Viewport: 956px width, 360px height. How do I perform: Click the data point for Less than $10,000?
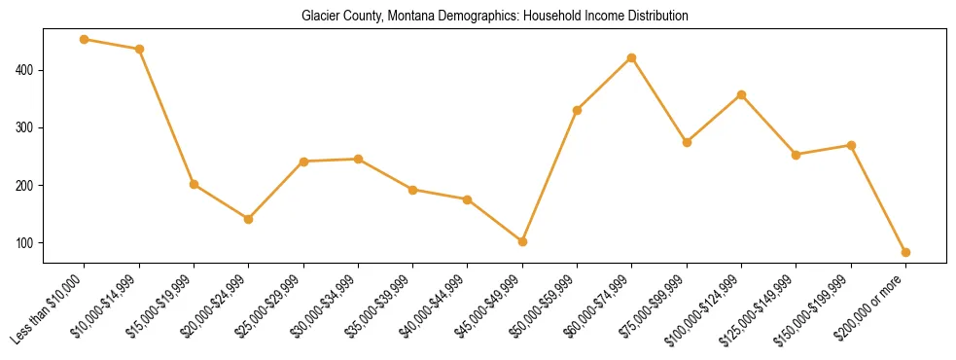pyautogui.click(x=85, y=40)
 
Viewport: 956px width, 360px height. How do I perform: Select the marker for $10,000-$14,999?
pyautogui.click(x=139, y=49)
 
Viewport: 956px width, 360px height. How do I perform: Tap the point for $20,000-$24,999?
pyautogui.click(x=249, y=219)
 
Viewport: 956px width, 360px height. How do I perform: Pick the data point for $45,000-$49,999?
pyautogui.click(x=522, y=241)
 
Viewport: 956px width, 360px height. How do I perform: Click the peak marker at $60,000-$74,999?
pyautogui.click(x=632, y=57)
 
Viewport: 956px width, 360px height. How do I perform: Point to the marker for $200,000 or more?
pyautogui.click(x=905, y=252)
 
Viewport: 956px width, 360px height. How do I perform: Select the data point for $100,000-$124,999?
pyautogui.click(x=741, y=94)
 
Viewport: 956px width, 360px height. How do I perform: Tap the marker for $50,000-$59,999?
pyautogui.click(x=577, y=110)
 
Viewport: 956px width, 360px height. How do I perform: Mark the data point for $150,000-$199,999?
pyautogui.click(x=851, y=145)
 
